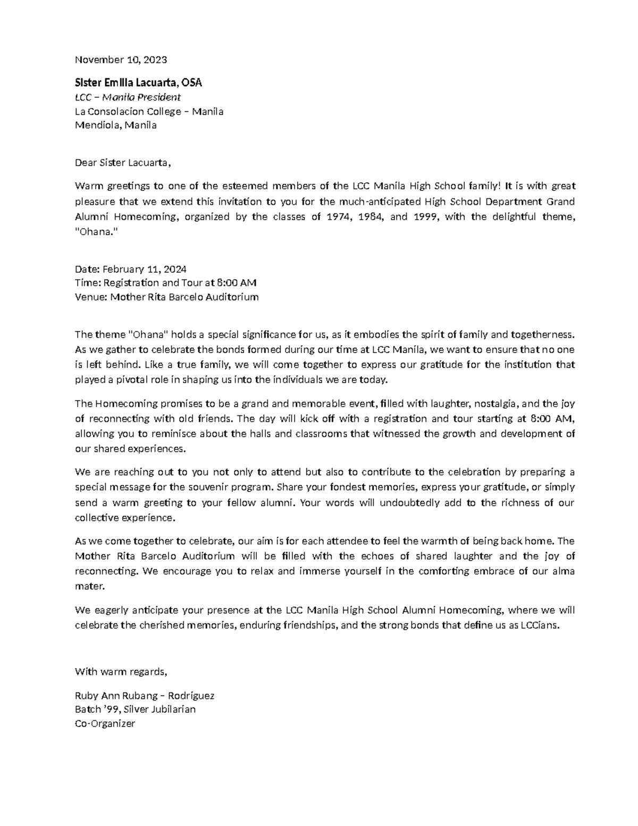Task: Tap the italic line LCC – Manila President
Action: [128, 97]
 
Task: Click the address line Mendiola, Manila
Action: [116, 126]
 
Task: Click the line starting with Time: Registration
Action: [166, 283]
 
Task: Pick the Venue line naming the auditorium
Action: [166, 297]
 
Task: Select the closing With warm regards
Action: [121, 672]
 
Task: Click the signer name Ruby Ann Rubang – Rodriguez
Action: [145, 696]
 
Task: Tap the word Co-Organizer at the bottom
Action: [105, 724]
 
